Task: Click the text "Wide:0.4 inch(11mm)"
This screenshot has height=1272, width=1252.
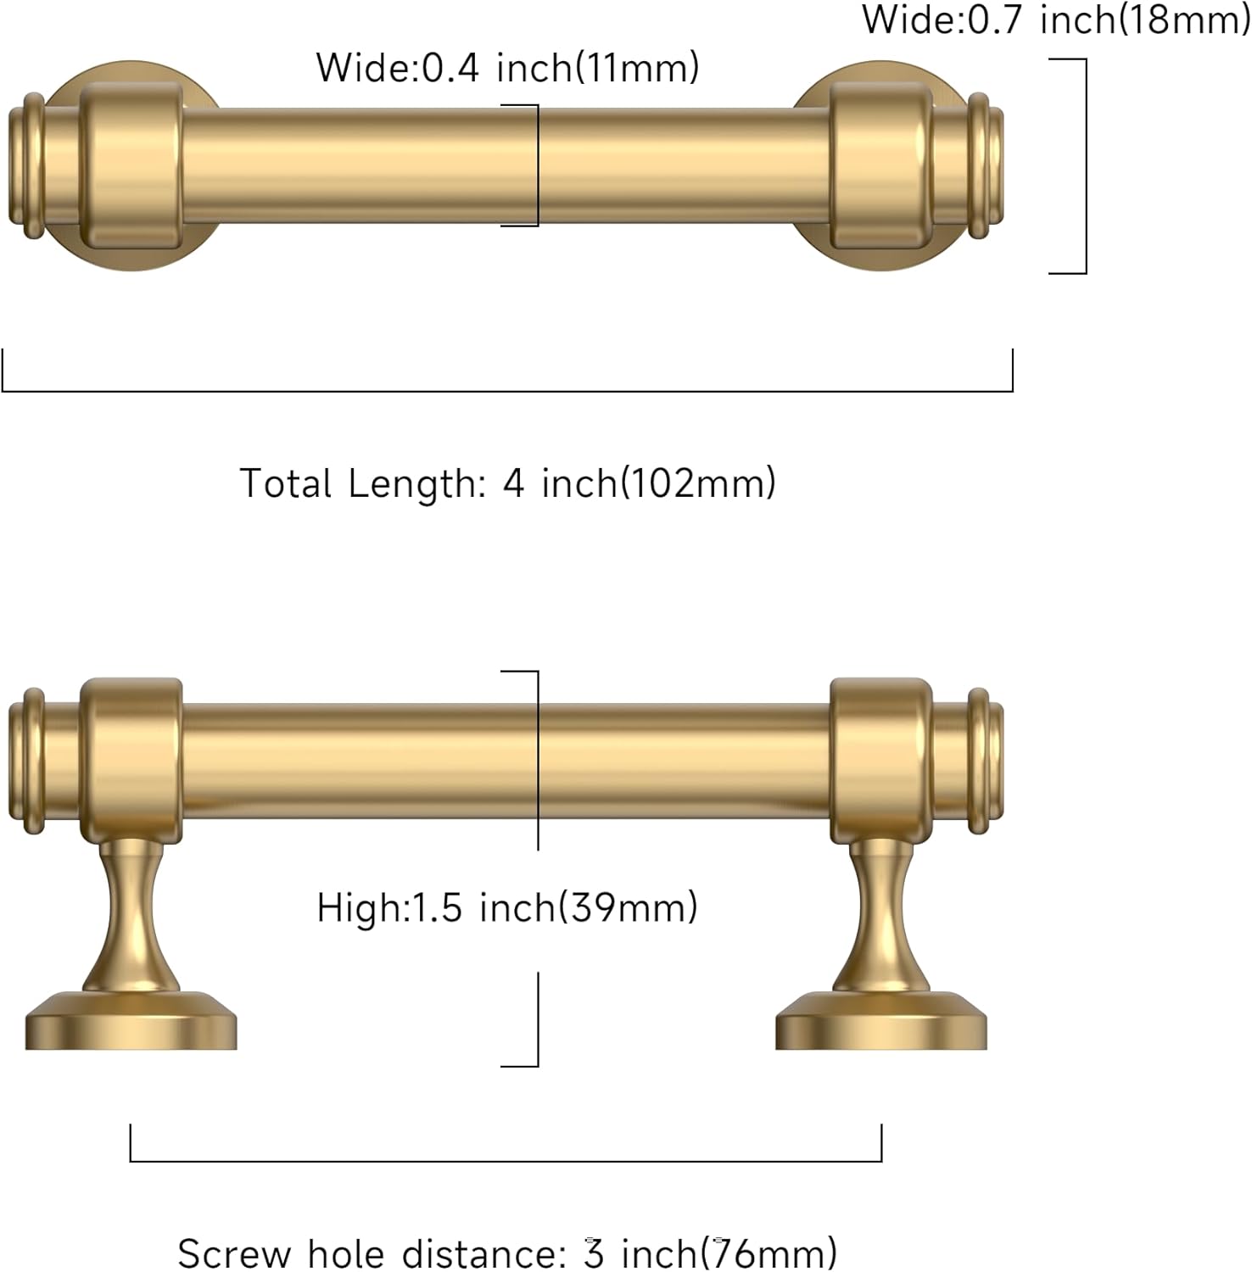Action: click(507, 68)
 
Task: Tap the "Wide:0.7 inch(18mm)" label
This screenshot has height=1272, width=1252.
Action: click(1055, 20)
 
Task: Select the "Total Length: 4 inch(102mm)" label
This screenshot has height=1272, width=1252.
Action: click(507, 483)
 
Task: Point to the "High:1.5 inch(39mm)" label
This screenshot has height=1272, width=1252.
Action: click(507, 908)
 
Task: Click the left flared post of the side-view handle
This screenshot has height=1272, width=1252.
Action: click(131, 916)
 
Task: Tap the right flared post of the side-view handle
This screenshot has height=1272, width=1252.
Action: click(882, 916)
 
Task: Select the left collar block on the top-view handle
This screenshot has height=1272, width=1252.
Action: click(131, 165)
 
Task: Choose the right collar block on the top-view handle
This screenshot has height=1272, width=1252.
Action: click(880, 165)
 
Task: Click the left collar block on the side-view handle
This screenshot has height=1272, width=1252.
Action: click(131, 759)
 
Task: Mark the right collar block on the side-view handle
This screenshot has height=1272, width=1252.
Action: click(880, 759)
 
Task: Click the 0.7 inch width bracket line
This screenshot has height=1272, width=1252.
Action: click(1086, 166)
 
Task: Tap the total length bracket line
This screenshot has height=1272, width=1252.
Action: click(507, 391)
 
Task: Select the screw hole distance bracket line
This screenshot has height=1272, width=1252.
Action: click(507, 1161)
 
